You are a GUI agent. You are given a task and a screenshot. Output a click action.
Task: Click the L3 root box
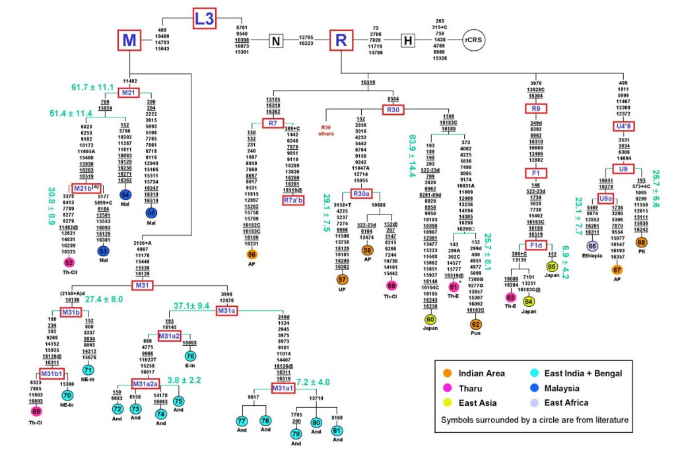tap(205, 18)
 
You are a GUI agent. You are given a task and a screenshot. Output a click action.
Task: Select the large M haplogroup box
tap(130, 41)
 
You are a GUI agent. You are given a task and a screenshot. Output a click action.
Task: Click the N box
tap(276, 41)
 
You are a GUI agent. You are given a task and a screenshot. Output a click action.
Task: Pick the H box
tap(408, 41)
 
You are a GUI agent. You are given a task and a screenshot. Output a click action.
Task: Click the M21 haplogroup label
tap(129, 92)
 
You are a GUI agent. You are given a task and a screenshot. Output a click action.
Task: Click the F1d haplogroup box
tap(536, 246)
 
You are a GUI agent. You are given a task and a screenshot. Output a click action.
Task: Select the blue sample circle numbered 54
tap(125, 195)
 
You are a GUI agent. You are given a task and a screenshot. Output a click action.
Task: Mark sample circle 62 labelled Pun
tap(475, 324)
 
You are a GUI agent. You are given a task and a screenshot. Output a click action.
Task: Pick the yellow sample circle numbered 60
tap(430, 319)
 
